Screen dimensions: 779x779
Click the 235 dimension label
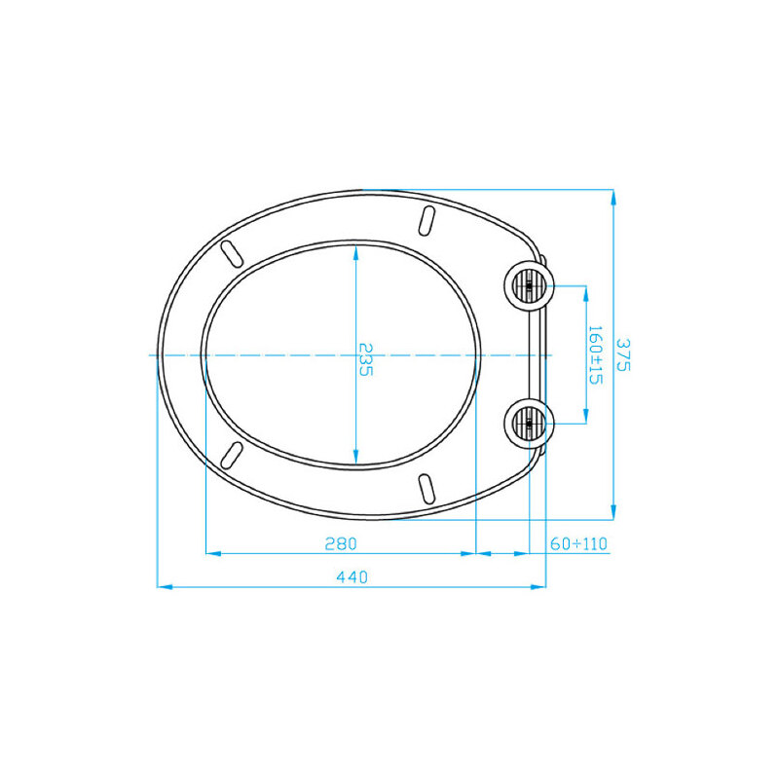tap(365, 359)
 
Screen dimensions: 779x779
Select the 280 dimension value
tap(341, 544)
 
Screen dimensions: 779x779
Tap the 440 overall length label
tap(352, 577)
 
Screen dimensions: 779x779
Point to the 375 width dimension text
tap(623, 354)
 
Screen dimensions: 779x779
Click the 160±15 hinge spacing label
tap(595, 354)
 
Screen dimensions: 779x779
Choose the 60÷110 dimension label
tap(578, 544)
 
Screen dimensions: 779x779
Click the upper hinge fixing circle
tap(529, 286)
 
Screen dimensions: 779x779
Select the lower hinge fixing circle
tap(529, 424)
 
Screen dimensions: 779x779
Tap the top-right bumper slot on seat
tap(427, 221)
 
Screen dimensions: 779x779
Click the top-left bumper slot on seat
tap(232, 253)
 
